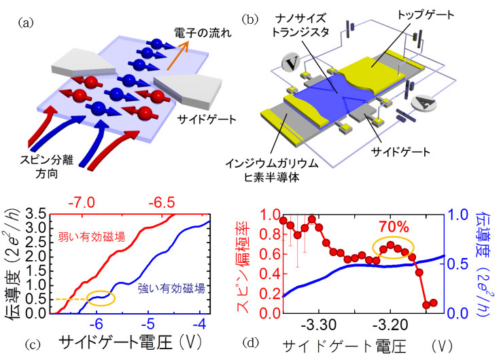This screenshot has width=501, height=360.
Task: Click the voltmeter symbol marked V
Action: [x=291, y=63]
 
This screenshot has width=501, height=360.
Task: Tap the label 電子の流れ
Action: [x=203, y=33]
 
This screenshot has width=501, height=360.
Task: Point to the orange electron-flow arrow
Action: [x=178, y=56]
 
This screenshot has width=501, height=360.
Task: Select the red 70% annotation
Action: [x=394, y=227]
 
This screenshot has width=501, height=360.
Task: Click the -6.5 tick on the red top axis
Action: [x=162, y=202]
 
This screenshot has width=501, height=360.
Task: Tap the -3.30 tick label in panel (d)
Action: [x=319, y=325]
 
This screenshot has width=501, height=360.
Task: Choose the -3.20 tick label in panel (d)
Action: [x=390, y=325]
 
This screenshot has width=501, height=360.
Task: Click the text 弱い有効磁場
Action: [x=91, y=237]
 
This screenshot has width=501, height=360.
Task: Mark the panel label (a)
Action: [x=26, y=23]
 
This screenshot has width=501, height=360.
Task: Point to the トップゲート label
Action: [x=426, y=15]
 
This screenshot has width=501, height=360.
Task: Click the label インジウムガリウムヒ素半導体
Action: [x=272, y=170]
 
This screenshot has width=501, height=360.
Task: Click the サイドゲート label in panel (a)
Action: [x=207, y=120]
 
